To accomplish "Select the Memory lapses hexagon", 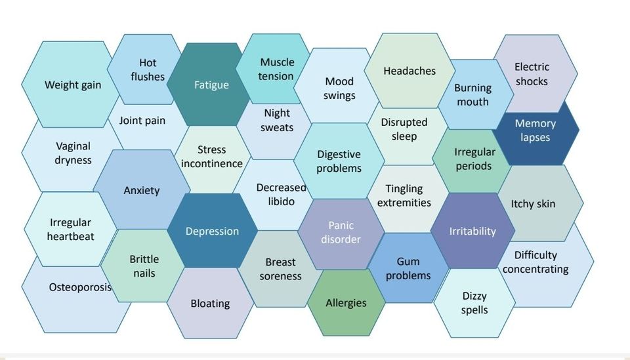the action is [535, 130].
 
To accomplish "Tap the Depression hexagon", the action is [212, 231].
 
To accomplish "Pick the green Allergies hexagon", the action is [346, 302].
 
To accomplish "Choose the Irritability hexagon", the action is [472, 231].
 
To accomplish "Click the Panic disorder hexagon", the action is [341, 233].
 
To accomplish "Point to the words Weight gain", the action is [73, 85].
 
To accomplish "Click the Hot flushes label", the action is [148, 70].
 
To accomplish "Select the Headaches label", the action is [409, 71].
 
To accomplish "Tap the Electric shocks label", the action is [532, 74].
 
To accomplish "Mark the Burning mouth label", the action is [473, 94].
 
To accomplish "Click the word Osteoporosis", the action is [80, 287].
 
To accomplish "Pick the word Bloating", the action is [210, 304].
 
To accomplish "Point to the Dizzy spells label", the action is [474, 303].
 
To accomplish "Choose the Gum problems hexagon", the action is [408, 268].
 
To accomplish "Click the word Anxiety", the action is [142, 190].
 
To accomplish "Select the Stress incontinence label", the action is [212, 157].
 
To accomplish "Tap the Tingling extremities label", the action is [404, 195].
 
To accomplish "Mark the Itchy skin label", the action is [533, 204].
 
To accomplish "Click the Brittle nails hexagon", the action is [143, 266].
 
